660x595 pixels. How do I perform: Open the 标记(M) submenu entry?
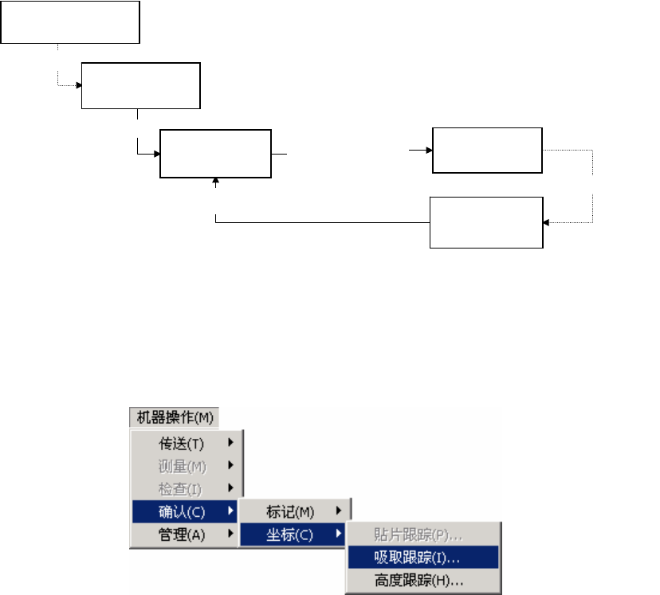290,511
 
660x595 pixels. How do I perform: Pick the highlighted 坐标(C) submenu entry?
290,534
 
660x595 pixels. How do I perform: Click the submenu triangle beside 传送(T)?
231,443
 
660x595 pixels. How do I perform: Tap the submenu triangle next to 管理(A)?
231,534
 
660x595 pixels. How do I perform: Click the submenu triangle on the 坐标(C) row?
339,534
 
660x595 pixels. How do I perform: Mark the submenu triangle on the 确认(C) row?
231,511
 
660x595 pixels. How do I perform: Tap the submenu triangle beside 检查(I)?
231,487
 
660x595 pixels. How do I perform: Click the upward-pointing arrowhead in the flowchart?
216,182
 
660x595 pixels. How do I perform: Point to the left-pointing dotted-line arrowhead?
547,223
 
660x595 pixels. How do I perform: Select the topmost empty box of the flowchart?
70,22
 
